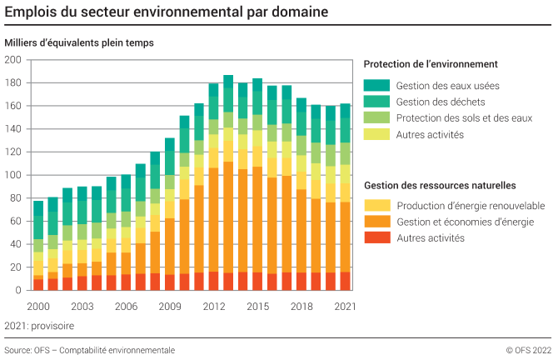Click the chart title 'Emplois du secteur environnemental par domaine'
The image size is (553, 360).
point(166,12)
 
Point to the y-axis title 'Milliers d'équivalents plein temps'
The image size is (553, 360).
point(79,42)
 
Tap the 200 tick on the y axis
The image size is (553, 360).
point(12,60)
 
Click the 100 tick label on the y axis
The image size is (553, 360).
point(12,175)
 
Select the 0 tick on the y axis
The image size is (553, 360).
point(18,290)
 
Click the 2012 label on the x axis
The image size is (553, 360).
point(213,306)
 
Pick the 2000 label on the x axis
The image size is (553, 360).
point(38,306)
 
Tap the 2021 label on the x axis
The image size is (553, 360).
point(345,306)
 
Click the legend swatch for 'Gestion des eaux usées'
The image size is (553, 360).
point(377,85)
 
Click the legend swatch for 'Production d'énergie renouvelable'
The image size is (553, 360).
point(377,205)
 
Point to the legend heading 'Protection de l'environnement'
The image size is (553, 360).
point(431,64)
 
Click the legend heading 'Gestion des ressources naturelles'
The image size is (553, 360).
point(440,185)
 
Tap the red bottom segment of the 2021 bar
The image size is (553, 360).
point(345,281)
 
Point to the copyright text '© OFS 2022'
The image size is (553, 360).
point(526,350)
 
